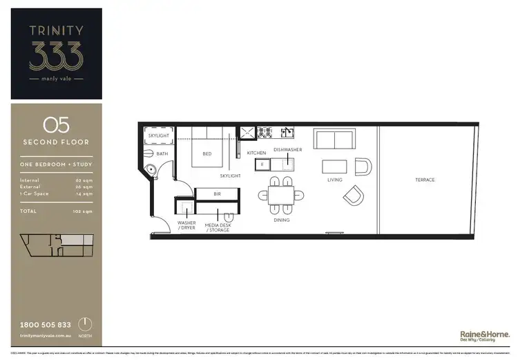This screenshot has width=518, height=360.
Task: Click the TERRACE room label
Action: pos(425,180)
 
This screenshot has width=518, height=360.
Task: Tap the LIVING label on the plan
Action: pos(335,180)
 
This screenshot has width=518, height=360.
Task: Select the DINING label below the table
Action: pos(281,220)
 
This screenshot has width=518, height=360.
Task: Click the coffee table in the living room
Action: pos(335,167)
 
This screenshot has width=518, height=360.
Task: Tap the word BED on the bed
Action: pos(207,154)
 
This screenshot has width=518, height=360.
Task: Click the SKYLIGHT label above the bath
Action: pos(159,136)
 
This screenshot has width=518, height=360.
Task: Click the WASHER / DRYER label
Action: pos(186,226)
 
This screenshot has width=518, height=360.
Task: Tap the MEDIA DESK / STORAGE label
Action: pos(217,226)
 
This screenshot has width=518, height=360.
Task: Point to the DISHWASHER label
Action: pos(287,149)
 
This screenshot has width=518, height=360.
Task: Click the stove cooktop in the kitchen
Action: pos(266,131)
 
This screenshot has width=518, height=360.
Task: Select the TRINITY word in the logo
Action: pos(56,30)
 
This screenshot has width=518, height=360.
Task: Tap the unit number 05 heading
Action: pos(56,125)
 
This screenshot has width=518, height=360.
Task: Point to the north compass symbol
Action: pos(84,325)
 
